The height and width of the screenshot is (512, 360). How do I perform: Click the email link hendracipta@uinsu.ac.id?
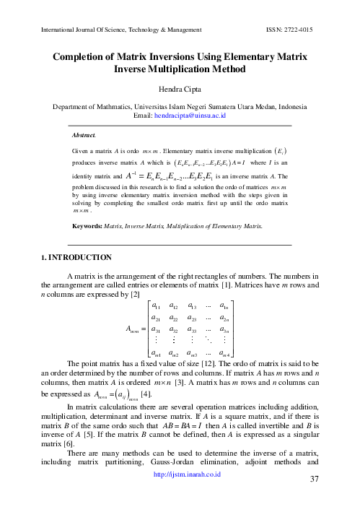coord(195,115)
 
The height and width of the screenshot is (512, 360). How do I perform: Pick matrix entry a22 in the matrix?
coord(184,318)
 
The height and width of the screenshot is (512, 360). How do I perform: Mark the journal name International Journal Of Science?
coord(75,30)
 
